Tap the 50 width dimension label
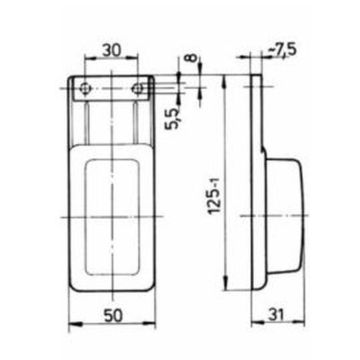113,315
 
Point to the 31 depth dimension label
277,315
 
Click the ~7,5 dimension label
282,50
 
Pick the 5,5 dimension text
173,119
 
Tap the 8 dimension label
190,57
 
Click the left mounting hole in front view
86,88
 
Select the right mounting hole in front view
137,88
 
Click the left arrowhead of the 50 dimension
73,323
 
